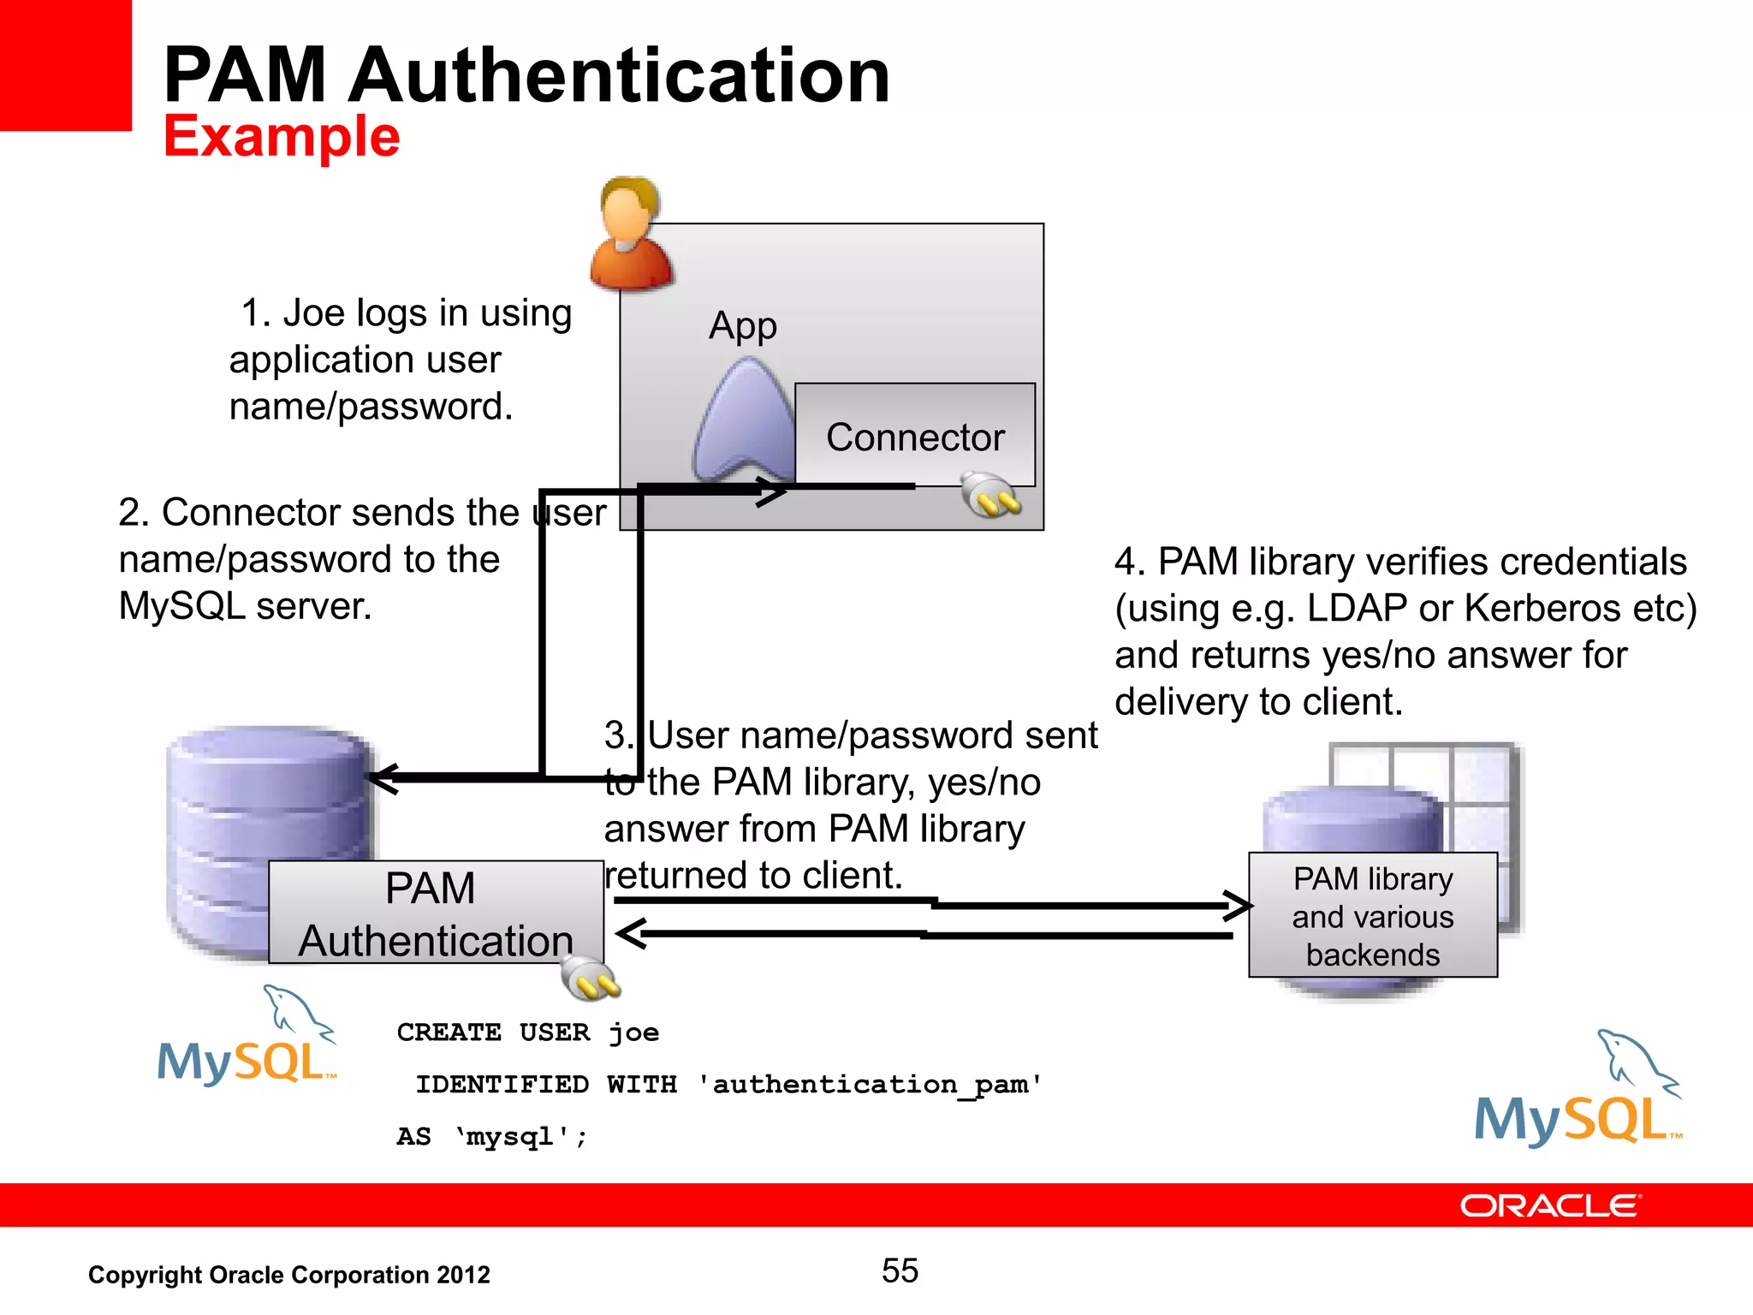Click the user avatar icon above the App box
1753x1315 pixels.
click(x=631, y=233)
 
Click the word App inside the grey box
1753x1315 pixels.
click(x=742, y=326)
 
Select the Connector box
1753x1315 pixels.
click(x=914, y=435)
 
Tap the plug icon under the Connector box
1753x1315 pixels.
click(x=990, y=496)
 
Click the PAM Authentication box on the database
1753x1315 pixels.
click(x=436, y=913)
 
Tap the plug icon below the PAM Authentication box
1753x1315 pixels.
click(x=591, y=980)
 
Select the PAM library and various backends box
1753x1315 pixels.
click(x=1372, y=915)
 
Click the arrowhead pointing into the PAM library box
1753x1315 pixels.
click(x=1239, y=905)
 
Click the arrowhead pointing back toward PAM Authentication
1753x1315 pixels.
click(x=632, y=933)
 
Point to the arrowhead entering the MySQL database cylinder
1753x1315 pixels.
click(x=383, y=777)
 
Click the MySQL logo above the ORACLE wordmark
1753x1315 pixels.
click(x=1578, y=1092)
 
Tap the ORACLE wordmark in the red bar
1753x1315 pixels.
click(x=1549, y=1205)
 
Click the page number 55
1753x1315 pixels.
click(x=900, y=1270)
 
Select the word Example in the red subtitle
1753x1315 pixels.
click(x=282, y=137)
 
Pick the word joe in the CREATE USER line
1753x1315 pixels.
click(x=633, y=1032)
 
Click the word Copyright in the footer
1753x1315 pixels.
click(x=145, y=1275)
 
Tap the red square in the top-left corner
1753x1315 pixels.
click(x=65, y=65)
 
